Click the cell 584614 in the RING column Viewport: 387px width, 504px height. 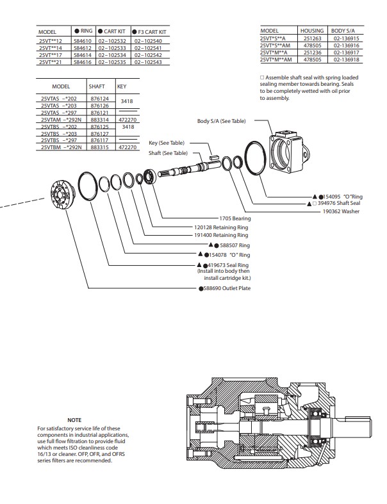click(x=83, y=55)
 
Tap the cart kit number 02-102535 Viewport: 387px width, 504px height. click(x=112, y=62)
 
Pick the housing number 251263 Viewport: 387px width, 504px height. click(x=313, y=38)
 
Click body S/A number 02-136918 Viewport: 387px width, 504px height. click(x=346, y=60)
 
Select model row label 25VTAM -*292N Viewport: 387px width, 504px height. click(x=61, y=120)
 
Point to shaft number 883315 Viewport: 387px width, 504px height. click(x=100, y=147)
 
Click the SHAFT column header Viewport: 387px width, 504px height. click(x=97, y=86)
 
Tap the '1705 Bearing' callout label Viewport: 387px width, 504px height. click(x=235, y=218)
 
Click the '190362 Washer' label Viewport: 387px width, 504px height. click(x=341, y=211)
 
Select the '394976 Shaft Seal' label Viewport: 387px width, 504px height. click(x=339, y=203)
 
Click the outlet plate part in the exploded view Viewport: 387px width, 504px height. click(x=63, y=195)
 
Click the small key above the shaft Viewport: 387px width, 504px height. click(x=214, y=157)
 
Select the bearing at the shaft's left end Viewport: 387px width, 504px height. click(x=149, y=177)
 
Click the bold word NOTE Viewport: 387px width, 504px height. click(x=74, y=420)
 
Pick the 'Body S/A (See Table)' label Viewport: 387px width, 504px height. click(x=221, y=121)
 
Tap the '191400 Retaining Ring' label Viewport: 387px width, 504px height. click(x=221, y=235)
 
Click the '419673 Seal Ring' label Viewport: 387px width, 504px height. click(x=228, y=265)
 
